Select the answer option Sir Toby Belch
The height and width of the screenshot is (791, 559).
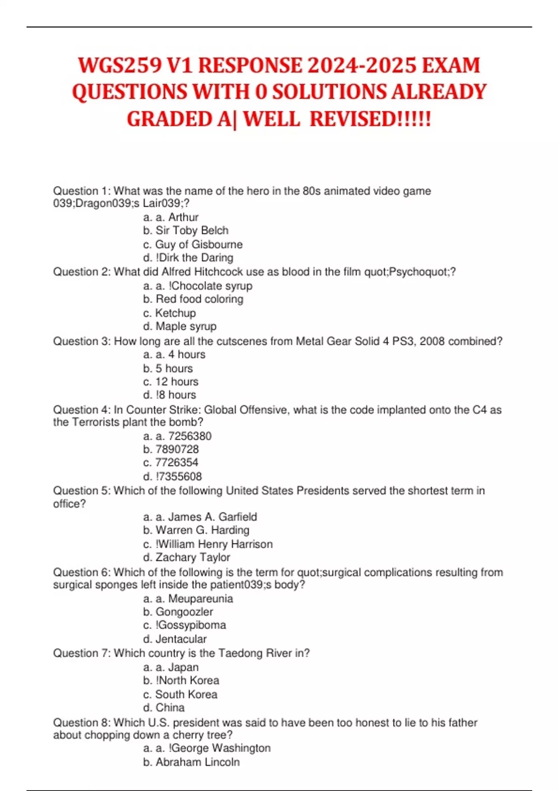pos(192,231)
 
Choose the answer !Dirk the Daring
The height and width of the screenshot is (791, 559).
pos(195,258)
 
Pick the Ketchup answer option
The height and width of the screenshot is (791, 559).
pos(175,313)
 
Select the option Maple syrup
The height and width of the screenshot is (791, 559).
pos(186,327)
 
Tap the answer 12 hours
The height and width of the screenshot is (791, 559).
pos(177,382)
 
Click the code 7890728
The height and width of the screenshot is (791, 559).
pos(177,449)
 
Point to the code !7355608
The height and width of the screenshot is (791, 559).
pos(179,476)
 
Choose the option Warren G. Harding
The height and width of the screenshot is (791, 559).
pos(202,530)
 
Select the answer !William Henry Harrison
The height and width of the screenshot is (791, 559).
pos(214,544)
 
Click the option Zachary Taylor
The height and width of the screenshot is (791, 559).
pos(193,557)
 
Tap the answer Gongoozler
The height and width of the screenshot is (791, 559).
pos(184,612)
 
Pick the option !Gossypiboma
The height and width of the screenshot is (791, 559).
pos(191,625)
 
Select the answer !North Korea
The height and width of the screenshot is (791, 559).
pos(187,681)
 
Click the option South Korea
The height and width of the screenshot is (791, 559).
pos(186,695)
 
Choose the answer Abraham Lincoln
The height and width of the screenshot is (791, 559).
pos(198,762)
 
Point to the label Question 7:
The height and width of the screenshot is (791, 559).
pos(82,654)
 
